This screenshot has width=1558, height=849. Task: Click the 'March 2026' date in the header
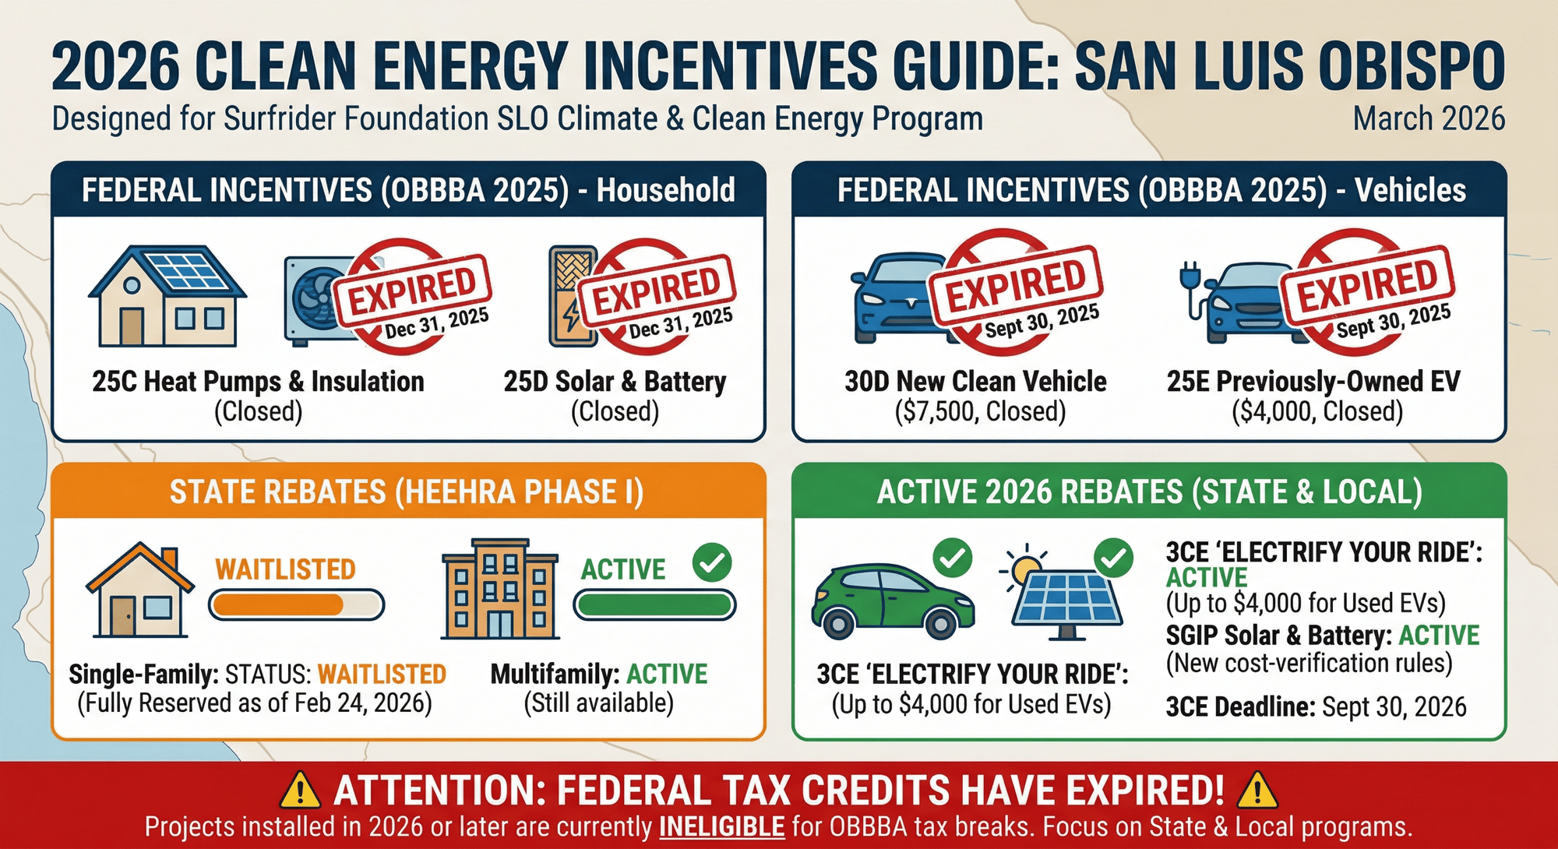click(x=1428, y=119)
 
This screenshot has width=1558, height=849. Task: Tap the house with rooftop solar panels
click(x=167, y=298)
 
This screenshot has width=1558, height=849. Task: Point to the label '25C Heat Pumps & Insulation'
click(x=258, y=382)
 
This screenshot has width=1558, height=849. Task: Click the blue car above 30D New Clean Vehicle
click(x=896, y=299)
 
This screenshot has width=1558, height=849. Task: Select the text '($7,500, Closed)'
click(x=980, y=411)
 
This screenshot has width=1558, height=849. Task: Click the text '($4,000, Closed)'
click(x=1317, y=411)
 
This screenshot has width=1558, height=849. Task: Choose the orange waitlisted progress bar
click(x=296, y=605)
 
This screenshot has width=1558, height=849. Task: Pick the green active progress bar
click(x=654, y=605)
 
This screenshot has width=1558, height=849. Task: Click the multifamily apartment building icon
click(x=499, y=589)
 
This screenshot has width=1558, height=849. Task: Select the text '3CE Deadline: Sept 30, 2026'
click(x=1315, y=707)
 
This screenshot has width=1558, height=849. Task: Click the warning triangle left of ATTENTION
click(x=300, y=791)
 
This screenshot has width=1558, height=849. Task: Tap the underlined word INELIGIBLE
click(x=721, y=827)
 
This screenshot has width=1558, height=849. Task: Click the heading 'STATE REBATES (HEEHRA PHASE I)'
click(x=407, y=492)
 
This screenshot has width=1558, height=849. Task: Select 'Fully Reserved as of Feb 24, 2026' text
click(x=254, y=703)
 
